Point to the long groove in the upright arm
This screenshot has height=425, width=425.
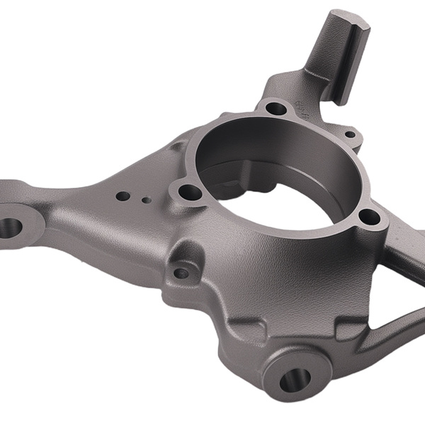(x=339, y=60)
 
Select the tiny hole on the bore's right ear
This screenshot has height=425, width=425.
(x=350, y=134)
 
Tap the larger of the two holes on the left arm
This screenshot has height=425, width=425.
(x=123, y=195)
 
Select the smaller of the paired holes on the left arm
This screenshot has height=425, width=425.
(x=146, y=200)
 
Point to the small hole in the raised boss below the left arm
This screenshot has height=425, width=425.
(x=182, y=272)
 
